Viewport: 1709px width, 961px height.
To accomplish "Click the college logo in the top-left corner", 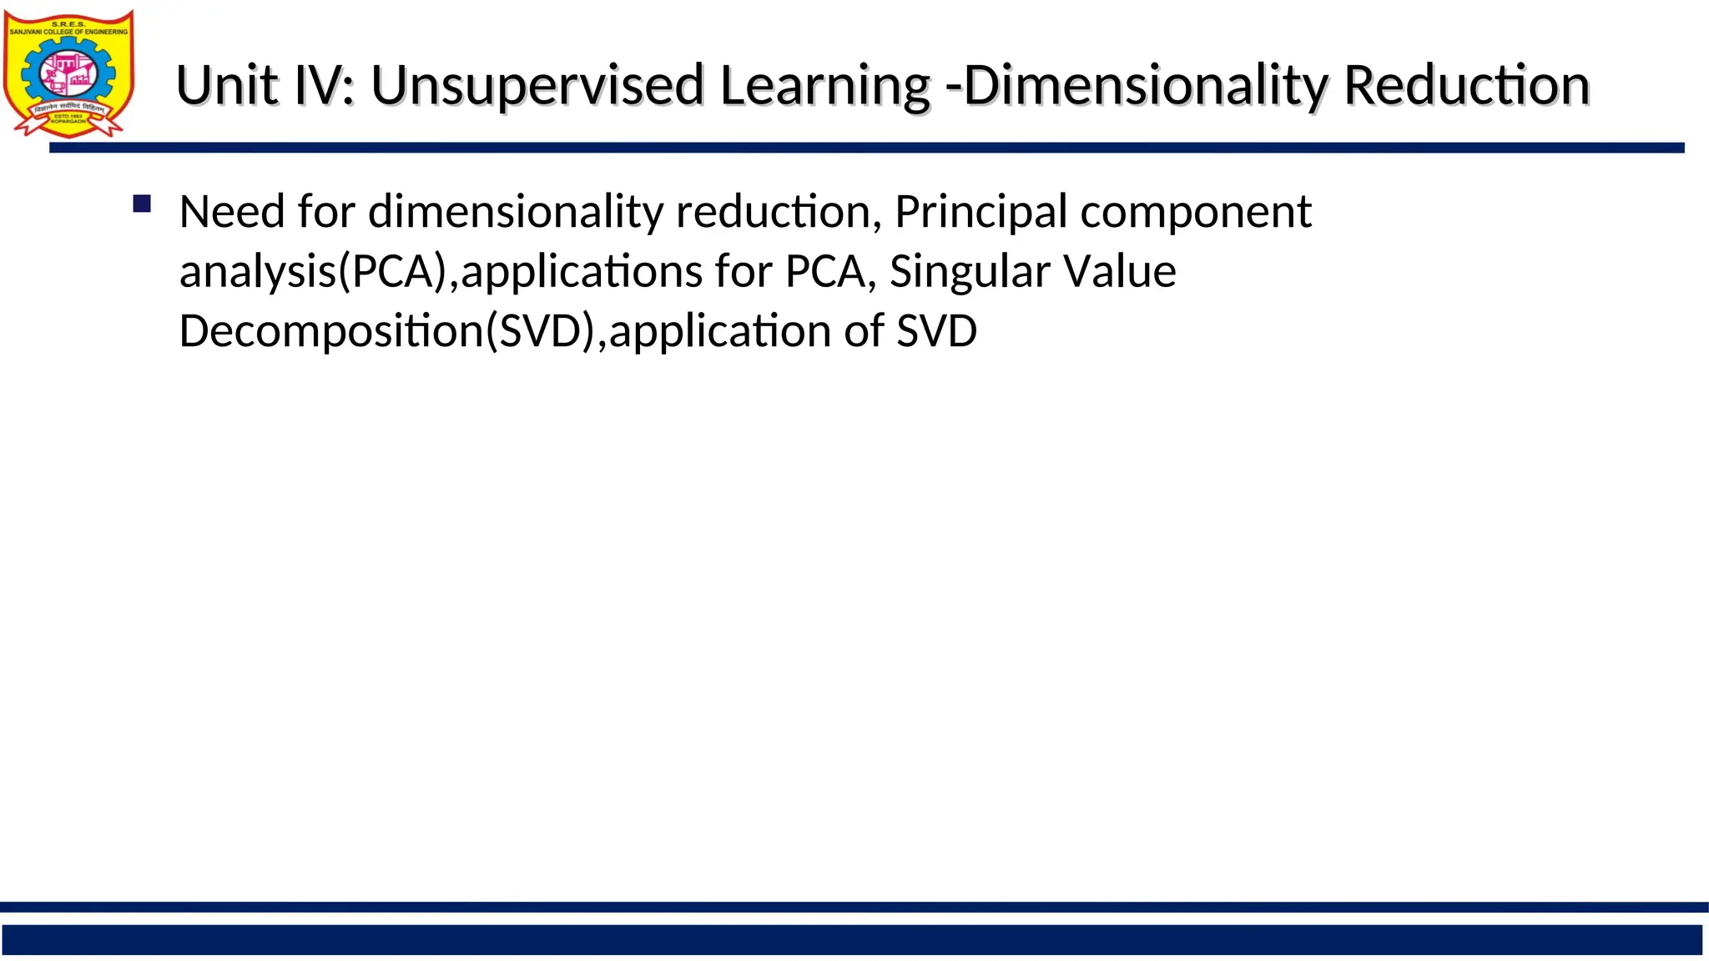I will click(68, 73).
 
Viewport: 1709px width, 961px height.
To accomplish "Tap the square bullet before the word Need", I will click(142, 204).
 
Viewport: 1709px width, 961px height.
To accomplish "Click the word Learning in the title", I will click(824, 85).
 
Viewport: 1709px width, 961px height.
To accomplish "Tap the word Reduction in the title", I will click(1466, 85).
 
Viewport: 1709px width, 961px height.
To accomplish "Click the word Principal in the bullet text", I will click(981, 212).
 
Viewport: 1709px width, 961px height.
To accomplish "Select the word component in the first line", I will click(1196, 212).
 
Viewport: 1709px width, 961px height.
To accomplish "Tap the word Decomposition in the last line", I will click(332, 331).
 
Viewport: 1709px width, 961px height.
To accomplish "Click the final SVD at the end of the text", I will click(936, 331).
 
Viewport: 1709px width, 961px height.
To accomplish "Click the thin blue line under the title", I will click(866, 148).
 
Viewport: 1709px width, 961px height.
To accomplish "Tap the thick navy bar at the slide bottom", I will click(851, 939).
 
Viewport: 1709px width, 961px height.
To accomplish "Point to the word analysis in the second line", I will click(258, 272).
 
